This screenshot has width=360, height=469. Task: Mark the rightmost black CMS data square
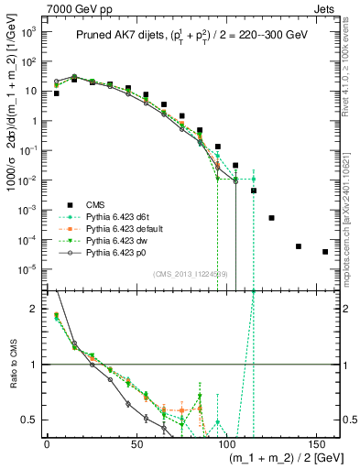click(325, 252)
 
